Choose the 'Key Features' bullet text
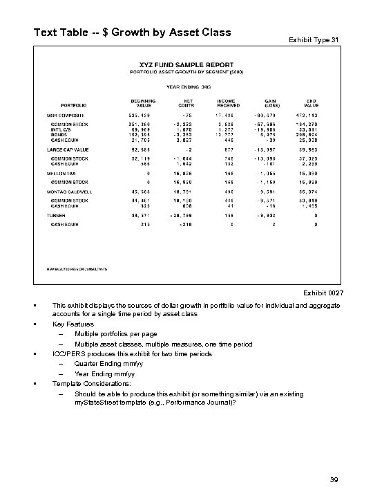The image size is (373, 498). pos(73,323)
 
